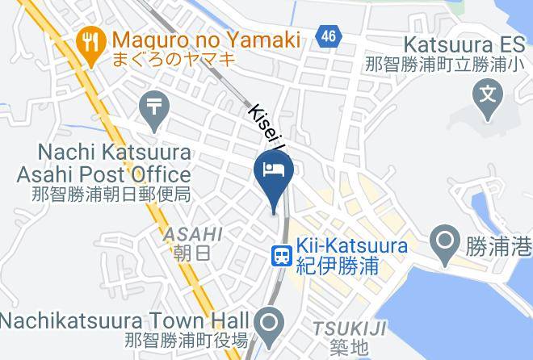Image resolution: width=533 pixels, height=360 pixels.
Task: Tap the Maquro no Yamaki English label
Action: click(x=207, y=38)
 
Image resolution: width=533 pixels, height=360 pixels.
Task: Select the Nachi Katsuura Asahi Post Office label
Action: click(x=104, y=163)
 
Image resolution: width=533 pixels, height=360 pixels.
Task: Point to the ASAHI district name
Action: click(x=193, y=234)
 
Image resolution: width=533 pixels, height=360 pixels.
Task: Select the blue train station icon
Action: click(x=281, y=256)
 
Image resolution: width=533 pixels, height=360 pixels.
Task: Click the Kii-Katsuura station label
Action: click(x=351, y=245)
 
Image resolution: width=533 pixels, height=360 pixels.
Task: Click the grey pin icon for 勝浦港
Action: click(x=443, y=242)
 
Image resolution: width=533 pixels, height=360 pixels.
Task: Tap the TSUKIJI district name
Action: click(x=350, y=328)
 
